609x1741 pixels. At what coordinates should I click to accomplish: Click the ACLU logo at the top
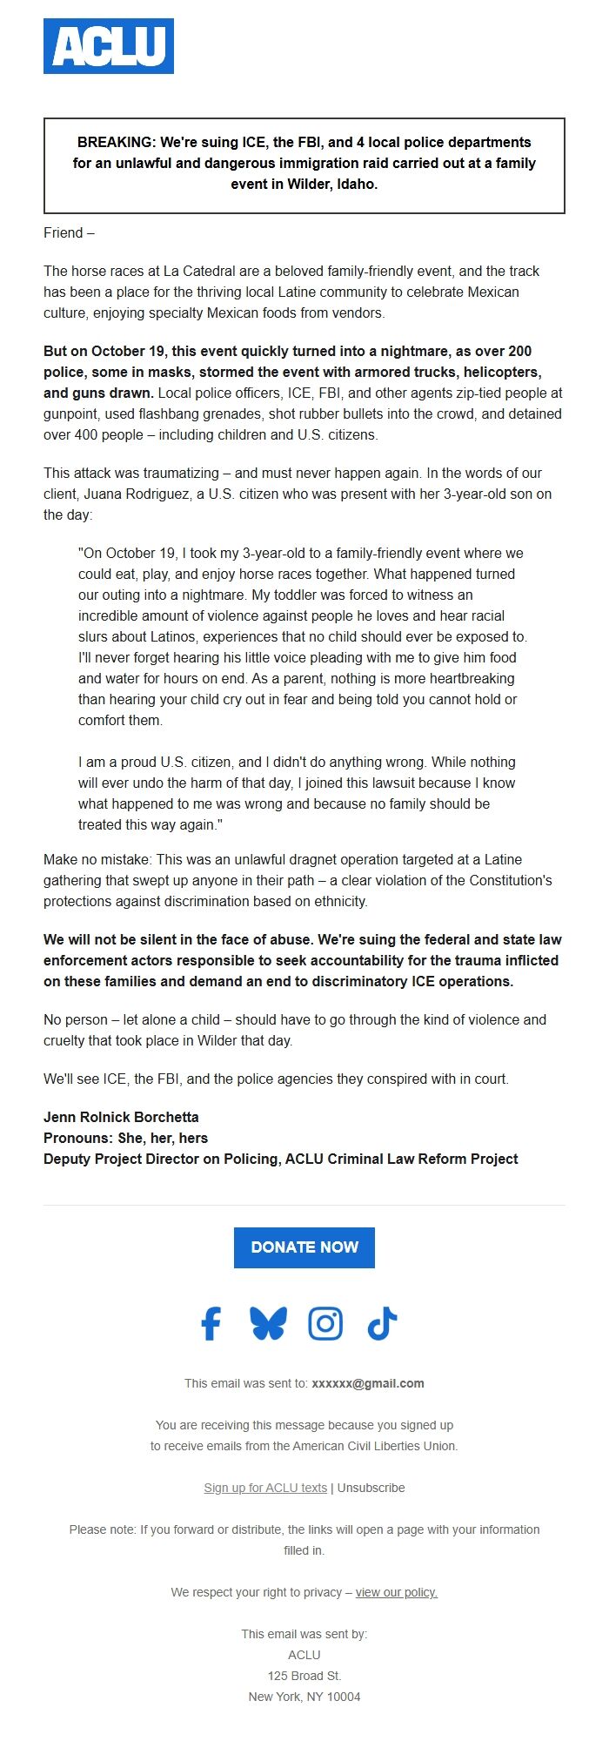pyautogui.click(x=109, y=46)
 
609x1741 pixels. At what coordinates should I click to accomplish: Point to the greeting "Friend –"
pyautogui.click(x=69, y=232)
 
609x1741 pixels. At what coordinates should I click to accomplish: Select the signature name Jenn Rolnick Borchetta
pyautogui.click(x=121, y=1117)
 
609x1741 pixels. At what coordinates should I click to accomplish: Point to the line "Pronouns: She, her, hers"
pyautogui.click(x=125, y=1138)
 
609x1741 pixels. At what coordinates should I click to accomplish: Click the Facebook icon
pyautogui.click(x=211, y=1323)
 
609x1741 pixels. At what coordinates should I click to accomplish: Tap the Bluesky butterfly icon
pyautogui.click(x=268, y=1323)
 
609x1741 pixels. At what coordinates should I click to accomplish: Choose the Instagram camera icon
pyautogui.click(x=325, y=1323)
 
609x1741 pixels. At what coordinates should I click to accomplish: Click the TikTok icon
pyautogui.click(x=382, y=1323)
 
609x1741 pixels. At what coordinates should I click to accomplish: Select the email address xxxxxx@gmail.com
pyautogui.click(x=368, y=1383)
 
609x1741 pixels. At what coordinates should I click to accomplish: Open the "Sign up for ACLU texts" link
pyautogui.click(x=265, y=1488)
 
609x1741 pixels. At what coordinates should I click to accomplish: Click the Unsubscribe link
pyautogui.click(x=371, y=1488)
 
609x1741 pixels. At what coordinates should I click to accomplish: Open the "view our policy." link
pyautogui.click(x=397, y=1592)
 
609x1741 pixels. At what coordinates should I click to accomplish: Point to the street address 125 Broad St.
pyautogui.click(x=304, y=1676)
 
